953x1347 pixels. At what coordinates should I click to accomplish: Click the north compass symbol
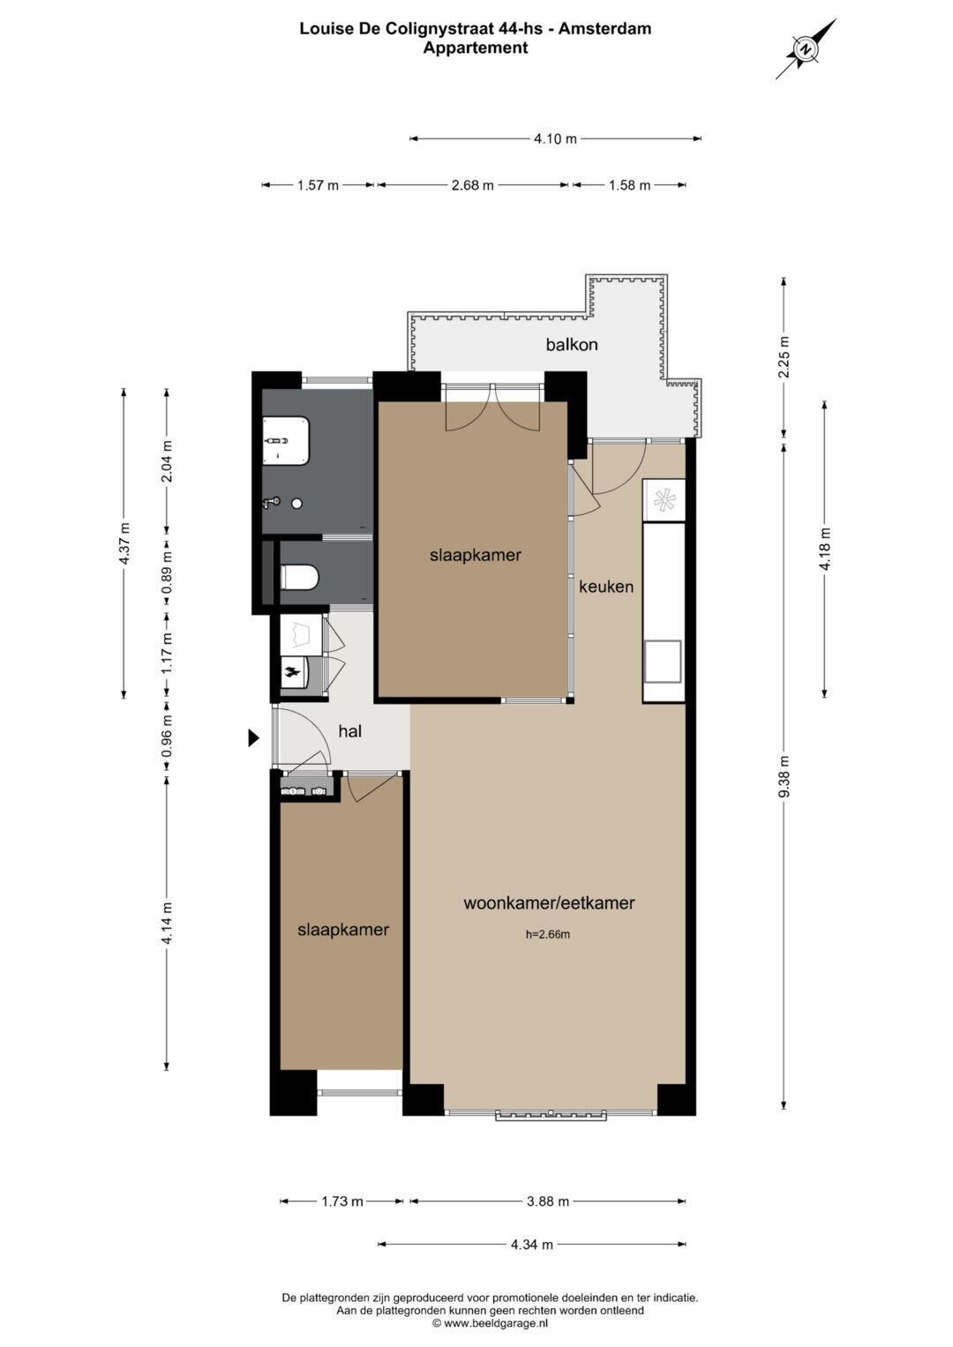(806, 49)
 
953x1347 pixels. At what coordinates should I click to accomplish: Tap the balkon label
(571, 345)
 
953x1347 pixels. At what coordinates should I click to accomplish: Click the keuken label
(606, 587)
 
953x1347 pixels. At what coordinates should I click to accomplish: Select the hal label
(350, 731)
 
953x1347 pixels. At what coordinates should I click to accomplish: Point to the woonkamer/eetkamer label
(549, 902)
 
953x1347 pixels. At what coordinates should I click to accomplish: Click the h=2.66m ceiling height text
(547, 934)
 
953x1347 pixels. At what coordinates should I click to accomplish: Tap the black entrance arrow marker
(253, 737)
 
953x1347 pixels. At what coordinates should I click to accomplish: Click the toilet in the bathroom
(299, 577)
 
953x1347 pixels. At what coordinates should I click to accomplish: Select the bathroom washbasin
(286, 440)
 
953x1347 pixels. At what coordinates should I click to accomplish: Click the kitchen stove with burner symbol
(664, 500)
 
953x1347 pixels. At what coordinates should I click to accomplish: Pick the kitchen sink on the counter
(663, 662)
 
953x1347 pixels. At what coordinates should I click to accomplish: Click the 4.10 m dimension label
(555, 138)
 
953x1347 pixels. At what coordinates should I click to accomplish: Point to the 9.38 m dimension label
(784, 776)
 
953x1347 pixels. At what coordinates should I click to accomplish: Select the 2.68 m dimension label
(472, 185)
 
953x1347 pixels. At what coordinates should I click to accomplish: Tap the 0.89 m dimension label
(168, 572)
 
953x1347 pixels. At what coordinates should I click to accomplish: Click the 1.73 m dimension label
(341, 1201)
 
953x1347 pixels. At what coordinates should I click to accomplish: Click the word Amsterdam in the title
(604, 28)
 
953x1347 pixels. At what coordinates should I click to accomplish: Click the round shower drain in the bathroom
(296, 504)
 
